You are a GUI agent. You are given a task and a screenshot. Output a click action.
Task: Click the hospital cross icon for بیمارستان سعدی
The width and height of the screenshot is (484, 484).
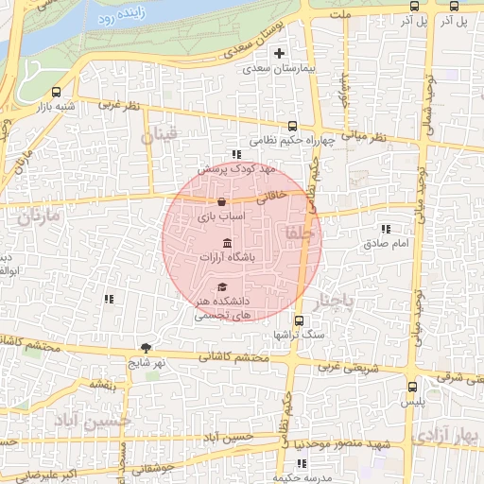coord(279,53)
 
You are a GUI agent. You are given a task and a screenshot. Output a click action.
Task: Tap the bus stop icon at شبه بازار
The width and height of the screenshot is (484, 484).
coord(58,93)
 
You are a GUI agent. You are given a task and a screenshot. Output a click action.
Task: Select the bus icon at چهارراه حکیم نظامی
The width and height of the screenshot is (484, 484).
coord(292,126)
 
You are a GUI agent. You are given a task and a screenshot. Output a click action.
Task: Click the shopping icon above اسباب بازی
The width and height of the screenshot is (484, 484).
coord(221,201)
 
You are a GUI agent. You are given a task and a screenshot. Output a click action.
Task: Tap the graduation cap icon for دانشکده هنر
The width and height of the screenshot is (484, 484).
coord(222,286)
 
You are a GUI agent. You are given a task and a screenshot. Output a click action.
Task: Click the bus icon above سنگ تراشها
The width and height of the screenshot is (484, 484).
coord(299,320)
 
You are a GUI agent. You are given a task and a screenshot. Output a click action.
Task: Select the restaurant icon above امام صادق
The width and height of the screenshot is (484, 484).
coord(385,229)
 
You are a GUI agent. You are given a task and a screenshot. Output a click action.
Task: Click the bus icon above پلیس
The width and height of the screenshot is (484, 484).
coord(411,386)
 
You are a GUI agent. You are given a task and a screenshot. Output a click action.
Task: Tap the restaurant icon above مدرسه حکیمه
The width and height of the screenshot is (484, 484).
coord(302,463)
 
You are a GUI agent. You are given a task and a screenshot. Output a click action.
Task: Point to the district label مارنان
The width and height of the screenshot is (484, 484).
coord(37,216)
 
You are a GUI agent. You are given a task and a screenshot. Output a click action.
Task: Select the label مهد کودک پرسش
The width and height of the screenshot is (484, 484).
coord(242,168)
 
